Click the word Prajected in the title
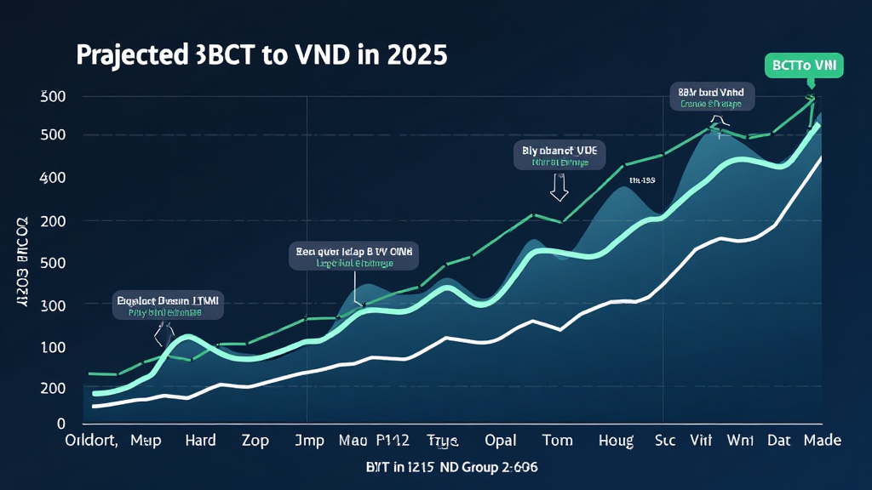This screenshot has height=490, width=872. pyautogui.click(x=127, y=55)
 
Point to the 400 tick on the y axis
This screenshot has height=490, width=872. pyautogui.click(x=52, y=178)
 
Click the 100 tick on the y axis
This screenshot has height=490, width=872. pyautogui.click(x=52, y=347)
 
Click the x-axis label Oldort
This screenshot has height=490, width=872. pyautogui.click(x=94, y=441)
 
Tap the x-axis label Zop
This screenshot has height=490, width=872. pyautogui.click(x=255, y=441)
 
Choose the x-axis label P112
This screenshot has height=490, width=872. pyautogui.click(x=393, y=441)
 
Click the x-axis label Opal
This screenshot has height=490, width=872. pyautogui.click(x=501, y=441)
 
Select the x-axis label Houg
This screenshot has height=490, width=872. pyautogui.click(x=616, y=441)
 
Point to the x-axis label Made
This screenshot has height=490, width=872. pyautogui.click(x=821, y=441)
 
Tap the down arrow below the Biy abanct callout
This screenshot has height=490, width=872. pyautogui.click(x=559, y=187)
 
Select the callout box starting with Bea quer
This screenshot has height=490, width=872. pyautogui.click(x=353, y=257)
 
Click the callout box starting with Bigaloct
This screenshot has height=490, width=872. pyautogui.click(x=167, y=305)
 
